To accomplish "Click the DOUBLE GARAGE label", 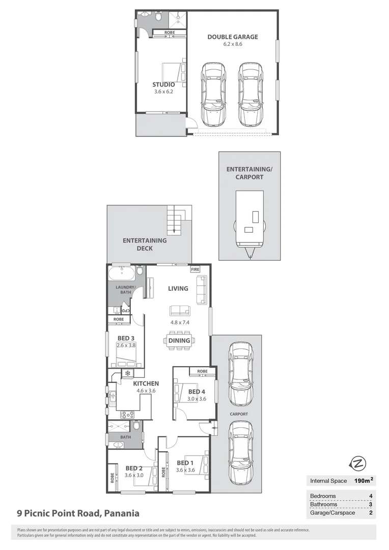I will click(232, 37).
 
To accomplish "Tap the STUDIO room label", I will click(163, 85).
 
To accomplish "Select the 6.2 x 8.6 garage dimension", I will click(232, 44).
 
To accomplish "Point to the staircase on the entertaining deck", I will click(175, 221).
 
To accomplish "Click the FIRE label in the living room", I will click(194, 269).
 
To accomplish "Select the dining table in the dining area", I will click(179, 340).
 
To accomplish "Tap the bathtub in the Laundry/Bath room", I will click(122, 273).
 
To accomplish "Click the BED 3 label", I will click(125, 338).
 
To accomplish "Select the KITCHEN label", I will click(146, 383).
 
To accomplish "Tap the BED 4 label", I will click(197, 392).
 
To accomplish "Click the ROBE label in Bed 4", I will click(202, 371).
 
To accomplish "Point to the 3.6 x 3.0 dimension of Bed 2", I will click(134, 475).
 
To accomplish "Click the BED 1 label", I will click(184, 463).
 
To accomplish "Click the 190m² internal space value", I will click(364, 481).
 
